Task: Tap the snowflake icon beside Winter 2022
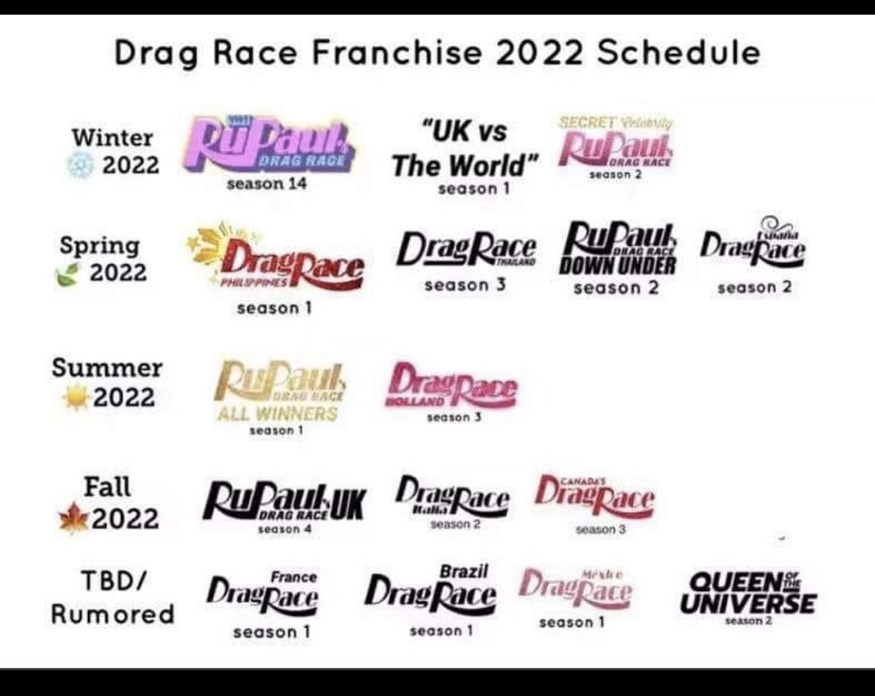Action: pyautogui.click(x=80, y=166)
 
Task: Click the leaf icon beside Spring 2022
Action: pyautogui.click(x=68, y=274)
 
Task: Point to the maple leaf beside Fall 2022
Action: pyautogui.click(x=74, y=519)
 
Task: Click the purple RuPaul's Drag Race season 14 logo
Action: pyautogui.click(x=269, y=145)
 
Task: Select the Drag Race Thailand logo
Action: pyautogui.click(x=466, y=250)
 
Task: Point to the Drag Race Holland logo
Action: pyautogui.click(x=452, y=385)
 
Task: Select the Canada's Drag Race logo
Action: pyautogui.click(x=595, y=495)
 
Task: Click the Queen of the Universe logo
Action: pyautogui.click(x=747, y=593)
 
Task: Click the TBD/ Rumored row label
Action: pyautogui.click(x=113, y=597)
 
